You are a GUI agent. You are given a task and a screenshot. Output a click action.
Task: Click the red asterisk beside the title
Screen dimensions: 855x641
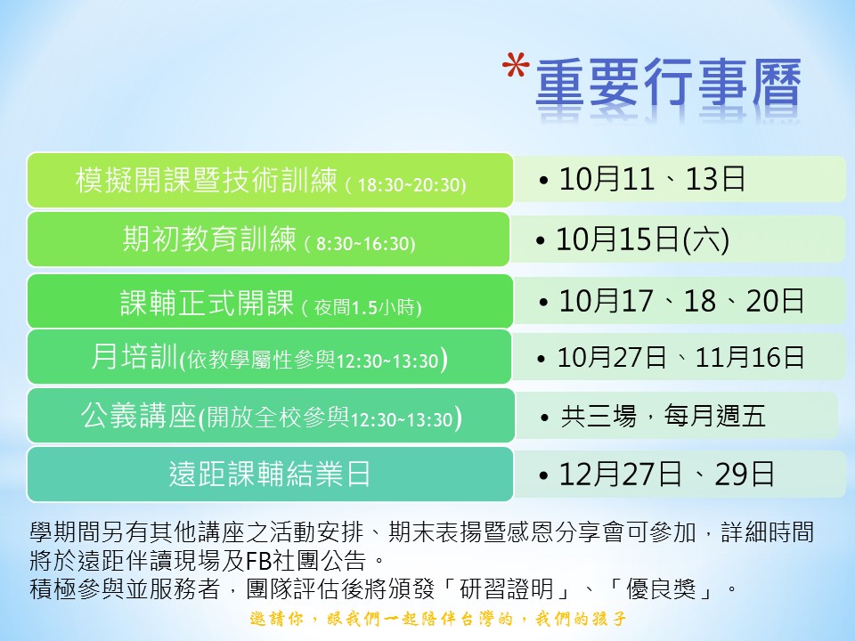point(516,66)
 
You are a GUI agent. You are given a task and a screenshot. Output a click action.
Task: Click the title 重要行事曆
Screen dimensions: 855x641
point(668,82)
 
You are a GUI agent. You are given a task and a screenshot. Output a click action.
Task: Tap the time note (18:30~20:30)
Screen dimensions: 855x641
point(406,185)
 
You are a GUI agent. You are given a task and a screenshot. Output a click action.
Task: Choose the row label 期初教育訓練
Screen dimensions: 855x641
point(210,239)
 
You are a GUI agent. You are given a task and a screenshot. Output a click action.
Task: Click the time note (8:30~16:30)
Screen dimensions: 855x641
point(360,243)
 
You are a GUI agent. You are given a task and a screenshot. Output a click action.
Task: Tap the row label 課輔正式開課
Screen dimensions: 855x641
point(208,303)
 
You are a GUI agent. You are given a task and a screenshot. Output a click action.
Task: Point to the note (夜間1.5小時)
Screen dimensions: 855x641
point(362,307)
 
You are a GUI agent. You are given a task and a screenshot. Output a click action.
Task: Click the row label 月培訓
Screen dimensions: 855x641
point(134,357)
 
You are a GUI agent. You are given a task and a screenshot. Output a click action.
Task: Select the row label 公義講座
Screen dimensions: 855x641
point(139,416)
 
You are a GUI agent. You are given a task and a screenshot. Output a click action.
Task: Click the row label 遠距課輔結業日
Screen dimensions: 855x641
point(270,474)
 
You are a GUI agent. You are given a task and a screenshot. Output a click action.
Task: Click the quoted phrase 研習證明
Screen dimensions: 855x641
point(507,589)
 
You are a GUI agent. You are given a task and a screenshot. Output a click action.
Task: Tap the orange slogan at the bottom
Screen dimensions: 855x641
point(438,619)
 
